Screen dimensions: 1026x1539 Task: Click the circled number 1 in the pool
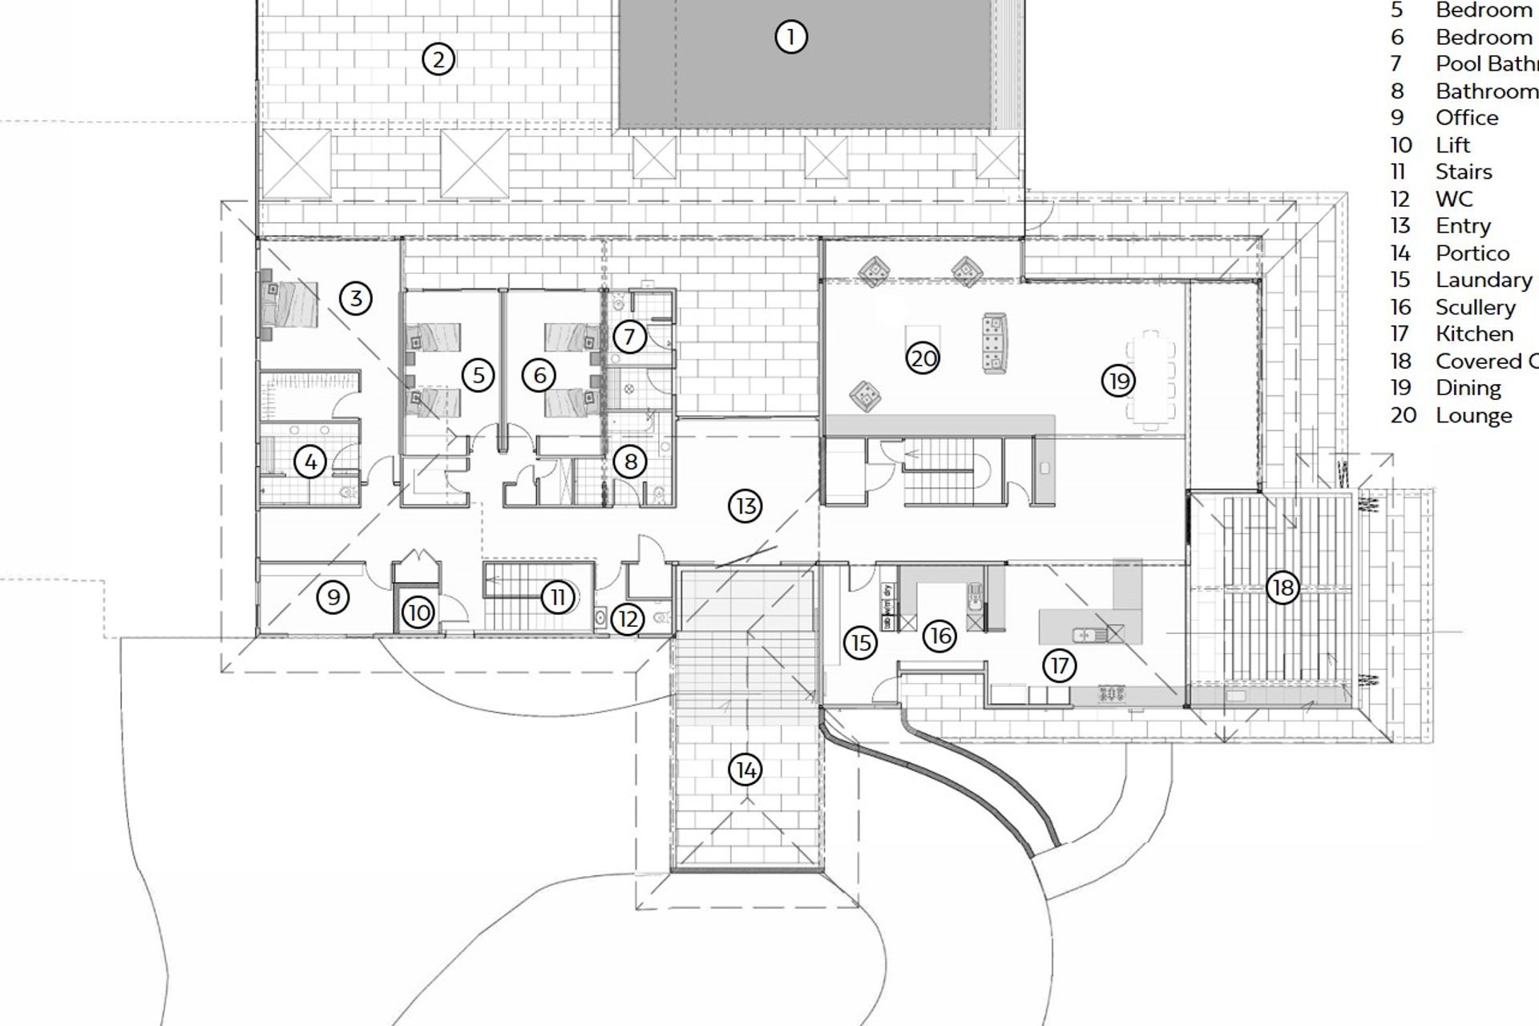790,37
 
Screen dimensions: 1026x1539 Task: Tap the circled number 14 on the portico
745,770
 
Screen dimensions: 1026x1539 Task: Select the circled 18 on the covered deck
1282,588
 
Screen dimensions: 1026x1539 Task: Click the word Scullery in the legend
1475,307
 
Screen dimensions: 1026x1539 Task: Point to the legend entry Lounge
1473,415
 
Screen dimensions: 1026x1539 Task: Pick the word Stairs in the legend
1464,172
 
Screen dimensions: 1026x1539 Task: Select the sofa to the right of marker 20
994,343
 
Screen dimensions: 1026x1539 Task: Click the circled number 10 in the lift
418,613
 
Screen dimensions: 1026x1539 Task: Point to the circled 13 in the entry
745,506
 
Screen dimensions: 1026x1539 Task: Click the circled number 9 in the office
333,596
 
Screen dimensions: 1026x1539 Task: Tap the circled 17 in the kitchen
1060,665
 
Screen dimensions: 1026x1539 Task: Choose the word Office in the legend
1466,118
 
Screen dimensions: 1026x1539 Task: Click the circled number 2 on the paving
438,59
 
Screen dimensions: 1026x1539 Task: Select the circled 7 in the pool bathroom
629,337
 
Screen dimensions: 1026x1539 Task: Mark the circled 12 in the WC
628,619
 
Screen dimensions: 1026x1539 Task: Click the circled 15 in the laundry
860,643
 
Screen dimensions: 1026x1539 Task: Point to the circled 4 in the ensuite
310,461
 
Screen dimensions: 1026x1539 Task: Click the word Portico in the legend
1472,253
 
